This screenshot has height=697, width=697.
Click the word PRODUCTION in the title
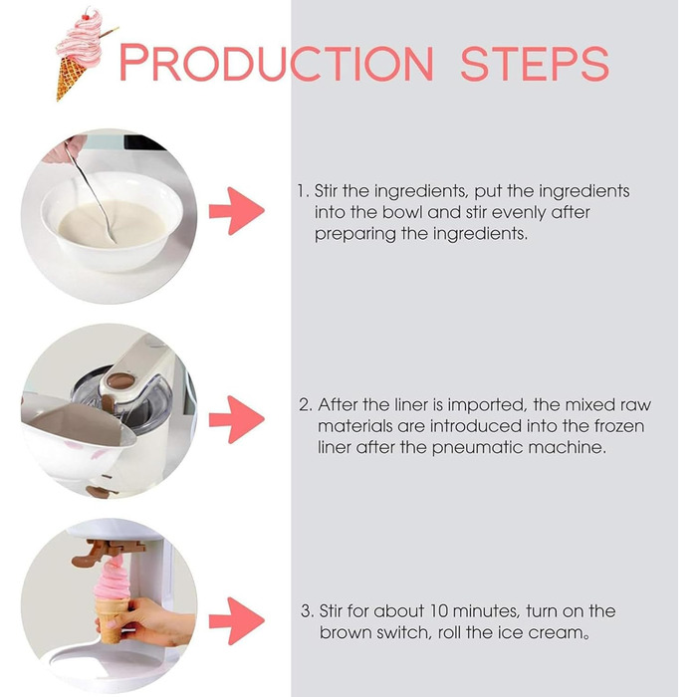point(277,62)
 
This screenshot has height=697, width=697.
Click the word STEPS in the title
point(535,63)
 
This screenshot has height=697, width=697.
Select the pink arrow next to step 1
point(237,211)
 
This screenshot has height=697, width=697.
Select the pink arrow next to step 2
point(237,419)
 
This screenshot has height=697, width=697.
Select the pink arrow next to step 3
point(237,621)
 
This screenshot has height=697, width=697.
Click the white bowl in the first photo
point(112,220)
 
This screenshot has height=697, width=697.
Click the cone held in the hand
point(112,620)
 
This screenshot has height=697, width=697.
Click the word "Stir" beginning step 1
point(326,191)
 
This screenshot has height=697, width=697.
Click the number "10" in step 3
point(438,611)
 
